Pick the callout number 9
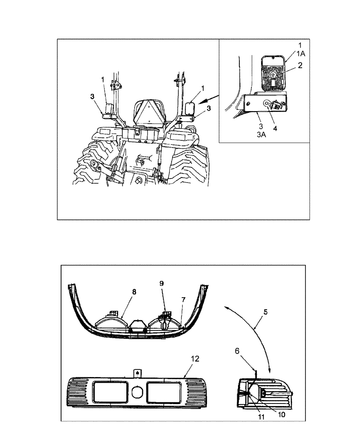[162, 283]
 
